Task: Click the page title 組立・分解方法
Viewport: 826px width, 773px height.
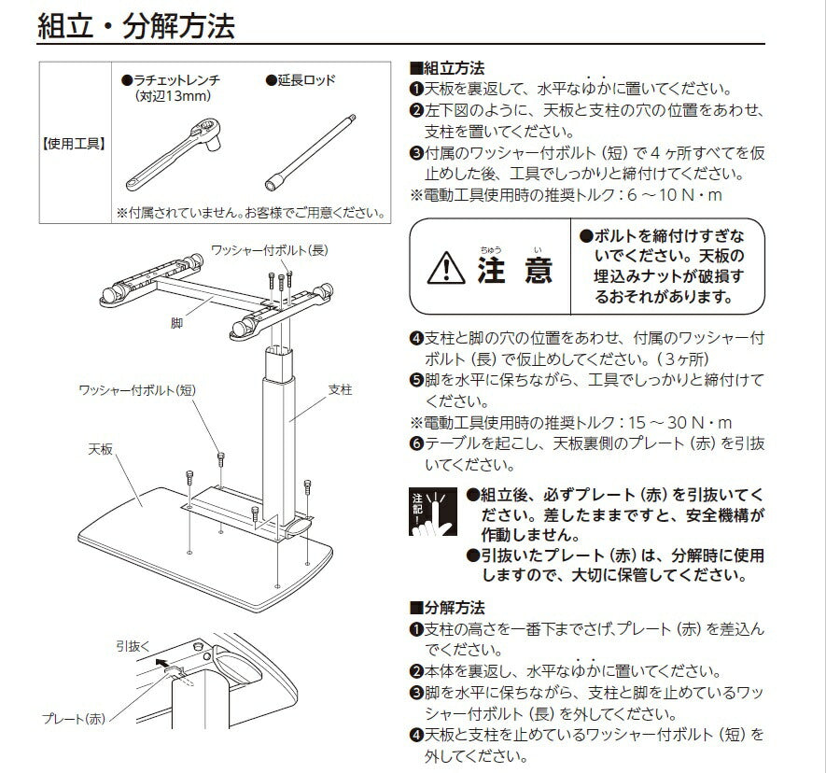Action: pos(136,24)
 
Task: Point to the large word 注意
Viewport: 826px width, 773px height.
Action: pos(514,270)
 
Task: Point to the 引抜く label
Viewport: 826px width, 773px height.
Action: pos(134,644)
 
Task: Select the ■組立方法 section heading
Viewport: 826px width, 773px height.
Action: pos(447,69)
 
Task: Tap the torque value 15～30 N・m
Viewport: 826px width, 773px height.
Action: pos(679,422)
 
